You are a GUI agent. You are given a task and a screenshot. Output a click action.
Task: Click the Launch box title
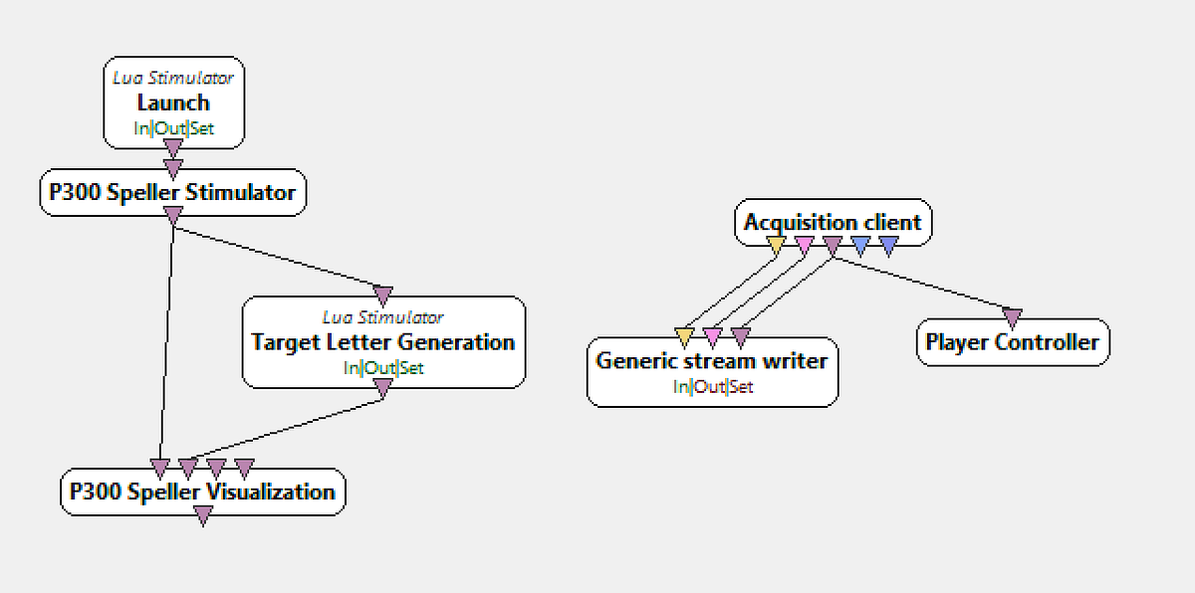[x=173, y=102]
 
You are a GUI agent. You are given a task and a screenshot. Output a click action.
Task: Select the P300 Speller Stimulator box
[x=172, y=192]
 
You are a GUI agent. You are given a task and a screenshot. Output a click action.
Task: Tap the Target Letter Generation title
[x=383, y=342]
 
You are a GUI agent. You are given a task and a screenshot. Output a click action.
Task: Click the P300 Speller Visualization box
[x=202, y=492]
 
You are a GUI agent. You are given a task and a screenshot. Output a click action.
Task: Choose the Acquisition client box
[x=833, y=222]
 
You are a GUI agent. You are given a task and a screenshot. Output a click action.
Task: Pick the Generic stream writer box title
[x=711, y=360]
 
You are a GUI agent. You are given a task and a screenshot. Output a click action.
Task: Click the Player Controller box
[x=1012, y=342]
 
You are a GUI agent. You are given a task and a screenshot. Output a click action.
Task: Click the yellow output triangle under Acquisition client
[x=777, y=245]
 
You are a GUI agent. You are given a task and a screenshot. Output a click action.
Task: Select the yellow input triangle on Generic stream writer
[x=683, y=336]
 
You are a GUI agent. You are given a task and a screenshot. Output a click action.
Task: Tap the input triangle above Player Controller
[x=1012, y=318]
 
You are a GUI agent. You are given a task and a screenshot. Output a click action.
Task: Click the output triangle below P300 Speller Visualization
[x=203, y=515]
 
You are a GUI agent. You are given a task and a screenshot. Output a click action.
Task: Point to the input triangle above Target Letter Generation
[x=383, y=296]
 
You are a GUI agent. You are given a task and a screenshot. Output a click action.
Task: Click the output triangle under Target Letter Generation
[x=383, y=390]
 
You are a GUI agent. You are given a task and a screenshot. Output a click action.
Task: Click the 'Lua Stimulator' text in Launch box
[x=173, y=77]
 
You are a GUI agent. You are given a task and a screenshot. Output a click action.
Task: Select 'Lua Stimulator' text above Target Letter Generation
[x=383, y=317]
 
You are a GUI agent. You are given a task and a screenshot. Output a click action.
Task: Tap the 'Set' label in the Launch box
[x=202, y=128]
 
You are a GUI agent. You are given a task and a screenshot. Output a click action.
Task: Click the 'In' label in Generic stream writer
[x=679, y=387]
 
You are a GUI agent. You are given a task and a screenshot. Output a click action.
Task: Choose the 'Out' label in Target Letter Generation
[x=379, y=368]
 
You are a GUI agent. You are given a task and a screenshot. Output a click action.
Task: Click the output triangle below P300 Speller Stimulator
[x=172, y=216]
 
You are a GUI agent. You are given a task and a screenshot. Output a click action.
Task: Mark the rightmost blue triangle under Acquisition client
[x=888, y=245]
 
